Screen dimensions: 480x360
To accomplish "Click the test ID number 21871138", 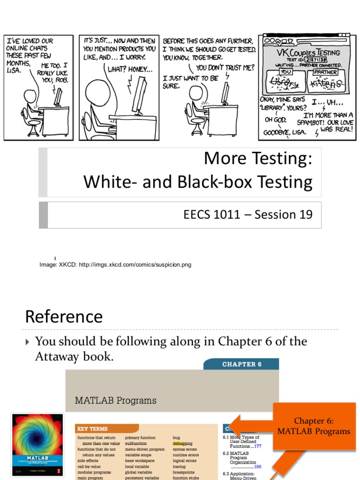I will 317,60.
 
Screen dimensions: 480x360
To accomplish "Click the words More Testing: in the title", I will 258,159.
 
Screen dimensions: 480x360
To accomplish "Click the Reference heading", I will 64,317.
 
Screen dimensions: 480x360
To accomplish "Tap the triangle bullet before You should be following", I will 28,342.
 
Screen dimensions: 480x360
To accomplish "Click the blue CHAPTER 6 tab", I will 241,364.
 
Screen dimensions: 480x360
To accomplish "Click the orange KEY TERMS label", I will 93,428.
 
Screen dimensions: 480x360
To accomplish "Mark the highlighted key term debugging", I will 183,443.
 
